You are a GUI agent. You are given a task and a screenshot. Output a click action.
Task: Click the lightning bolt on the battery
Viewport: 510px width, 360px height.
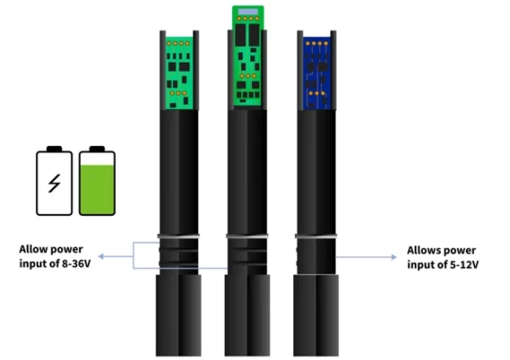(54, 184)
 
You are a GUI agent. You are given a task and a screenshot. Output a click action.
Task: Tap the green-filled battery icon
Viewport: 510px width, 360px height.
(97, 181)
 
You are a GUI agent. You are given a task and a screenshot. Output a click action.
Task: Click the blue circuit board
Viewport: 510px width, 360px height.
(317, 73)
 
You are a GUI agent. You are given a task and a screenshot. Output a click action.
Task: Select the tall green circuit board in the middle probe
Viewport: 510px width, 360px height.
(248, 56)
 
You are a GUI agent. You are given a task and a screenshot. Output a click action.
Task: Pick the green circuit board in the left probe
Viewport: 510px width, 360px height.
(179, 73)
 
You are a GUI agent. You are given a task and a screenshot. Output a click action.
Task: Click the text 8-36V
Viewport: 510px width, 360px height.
(76, 264)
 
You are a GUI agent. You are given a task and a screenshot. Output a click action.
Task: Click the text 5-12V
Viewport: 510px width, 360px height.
(464, 265)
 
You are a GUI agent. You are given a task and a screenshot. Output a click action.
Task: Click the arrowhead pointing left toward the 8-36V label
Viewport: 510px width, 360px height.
(101, 256)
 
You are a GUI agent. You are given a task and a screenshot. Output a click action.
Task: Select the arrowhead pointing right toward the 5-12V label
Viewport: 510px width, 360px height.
(394, 257)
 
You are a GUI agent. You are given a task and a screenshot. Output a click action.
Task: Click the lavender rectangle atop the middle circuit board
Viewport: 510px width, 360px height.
(248, 12)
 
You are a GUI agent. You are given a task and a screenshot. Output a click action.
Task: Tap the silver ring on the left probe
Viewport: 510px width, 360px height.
(179, 236)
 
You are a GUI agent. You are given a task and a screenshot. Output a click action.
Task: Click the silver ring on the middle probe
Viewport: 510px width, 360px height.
(247, 236)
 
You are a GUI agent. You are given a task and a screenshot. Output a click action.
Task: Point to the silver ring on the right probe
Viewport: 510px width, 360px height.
(316, 236)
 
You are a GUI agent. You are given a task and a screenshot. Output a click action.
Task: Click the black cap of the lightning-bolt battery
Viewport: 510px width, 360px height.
(54, 148)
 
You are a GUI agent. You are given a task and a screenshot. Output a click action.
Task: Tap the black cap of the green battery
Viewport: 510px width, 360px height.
(97, 148)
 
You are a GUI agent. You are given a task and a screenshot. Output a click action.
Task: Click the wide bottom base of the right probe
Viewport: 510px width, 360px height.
(316, 315)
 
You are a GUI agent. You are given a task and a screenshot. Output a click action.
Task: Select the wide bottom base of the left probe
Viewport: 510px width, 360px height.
(179, 315)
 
